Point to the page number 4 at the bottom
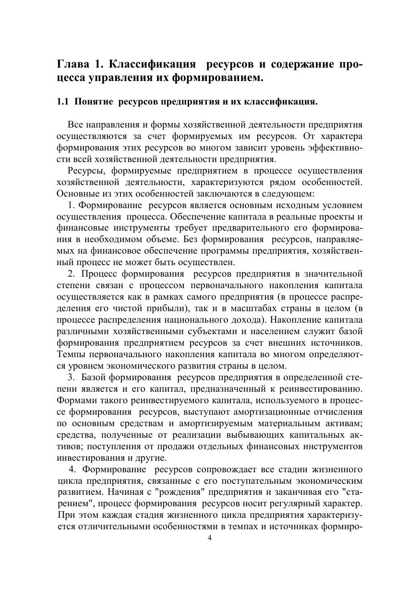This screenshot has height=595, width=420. [209, 537]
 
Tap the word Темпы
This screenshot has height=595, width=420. [69, 354]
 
